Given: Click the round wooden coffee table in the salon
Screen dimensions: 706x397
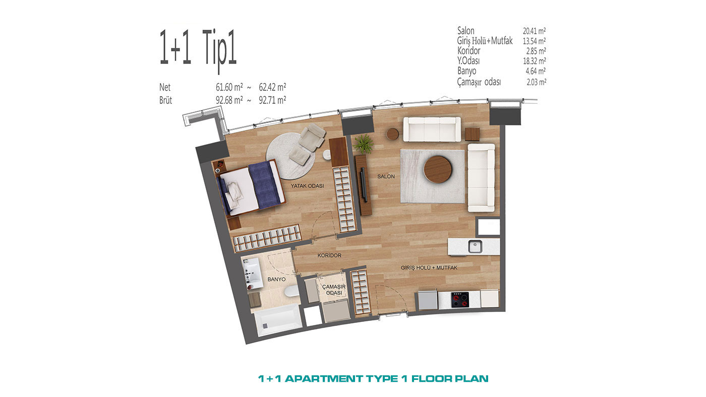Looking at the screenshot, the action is pyautogui.click(x=437, y=170).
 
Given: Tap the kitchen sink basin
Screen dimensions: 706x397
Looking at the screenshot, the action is pyautogui.click(x=475, y=246).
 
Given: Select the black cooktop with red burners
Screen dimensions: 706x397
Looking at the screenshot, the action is pyautogui.click(x=460, y=299).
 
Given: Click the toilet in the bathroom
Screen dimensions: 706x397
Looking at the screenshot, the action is pyautogui.click(x=291, y=292).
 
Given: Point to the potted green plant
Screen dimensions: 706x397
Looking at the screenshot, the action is pyautogui.click(x=364, y=144).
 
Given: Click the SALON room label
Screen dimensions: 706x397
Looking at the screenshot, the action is pyautogui.click(x=386, y=177).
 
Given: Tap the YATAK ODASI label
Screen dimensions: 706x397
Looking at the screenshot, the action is pyautogui.click(x=307, y=186).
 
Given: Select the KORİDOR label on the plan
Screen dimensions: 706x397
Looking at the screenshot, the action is pyautogui.click(x=329, y=255).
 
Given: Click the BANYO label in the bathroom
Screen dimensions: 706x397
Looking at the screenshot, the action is pyautogui.click(x=276, y=279).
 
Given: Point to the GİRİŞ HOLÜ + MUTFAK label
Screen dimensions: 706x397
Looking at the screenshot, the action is pyautogui.click(x=429, y=268).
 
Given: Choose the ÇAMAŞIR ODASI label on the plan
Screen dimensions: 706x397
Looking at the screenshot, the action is pyautogui.click(x=334, y=290).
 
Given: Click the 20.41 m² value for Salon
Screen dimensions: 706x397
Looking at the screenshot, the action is pyautogui.click(x=534, y=31).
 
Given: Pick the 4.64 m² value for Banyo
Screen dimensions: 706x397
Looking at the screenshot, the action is pyautogui.click(x=536, y=71).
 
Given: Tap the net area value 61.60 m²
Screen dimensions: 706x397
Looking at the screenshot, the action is pyautogui.click(x=229, y=87).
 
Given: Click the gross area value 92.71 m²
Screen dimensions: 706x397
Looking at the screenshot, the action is pyautogui.click(x=272, y=100).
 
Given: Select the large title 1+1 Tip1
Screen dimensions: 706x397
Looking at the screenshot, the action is pyautogui.click(x=198, y=49).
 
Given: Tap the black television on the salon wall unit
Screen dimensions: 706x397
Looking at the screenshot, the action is pyautogui.click(x=364, y=184).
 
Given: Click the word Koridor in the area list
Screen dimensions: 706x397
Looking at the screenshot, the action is pyautogui.click(x=468, y=51).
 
